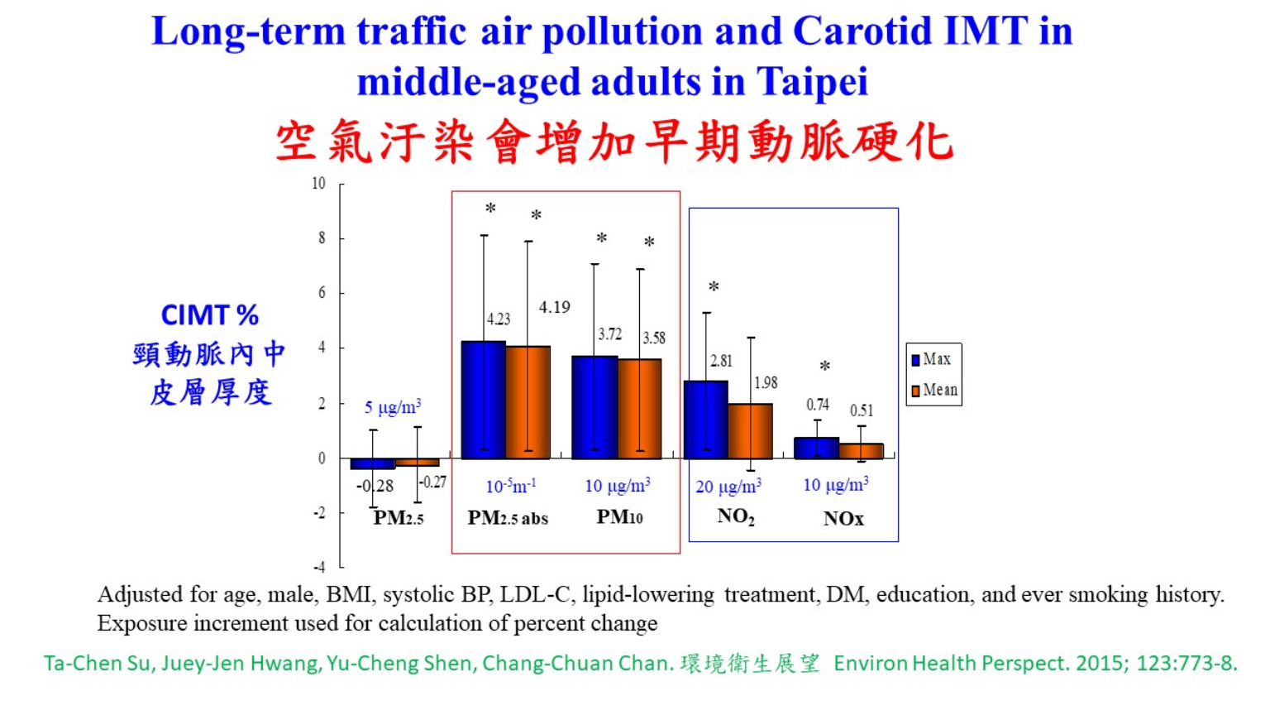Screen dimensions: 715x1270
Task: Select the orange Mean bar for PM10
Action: (x=639, y=409)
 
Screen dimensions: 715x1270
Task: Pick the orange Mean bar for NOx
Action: (x=861, y=451)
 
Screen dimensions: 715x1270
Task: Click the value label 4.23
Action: (x=499, y=319)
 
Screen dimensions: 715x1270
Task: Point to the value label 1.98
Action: (x=766, y=382)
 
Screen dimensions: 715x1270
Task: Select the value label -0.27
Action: (x=433, y=482)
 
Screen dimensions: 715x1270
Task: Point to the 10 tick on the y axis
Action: (x=319, y=184)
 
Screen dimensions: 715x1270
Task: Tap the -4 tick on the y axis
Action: (x=319, y=567)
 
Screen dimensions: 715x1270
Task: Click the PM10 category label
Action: (x=619, y=517)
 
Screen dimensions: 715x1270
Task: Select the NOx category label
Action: (x=843, y=519)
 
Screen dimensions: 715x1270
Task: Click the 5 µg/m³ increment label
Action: (x=393, y=407)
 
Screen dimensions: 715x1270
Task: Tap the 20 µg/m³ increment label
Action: (x=728, y=487)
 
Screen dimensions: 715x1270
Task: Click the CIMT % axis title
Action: (x=209, y=315)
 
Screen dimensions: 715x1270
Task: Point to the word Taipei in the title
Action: (x=812, y=81)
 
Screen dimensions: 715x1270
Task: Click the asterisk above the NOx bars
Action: (x=824, y=366)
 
